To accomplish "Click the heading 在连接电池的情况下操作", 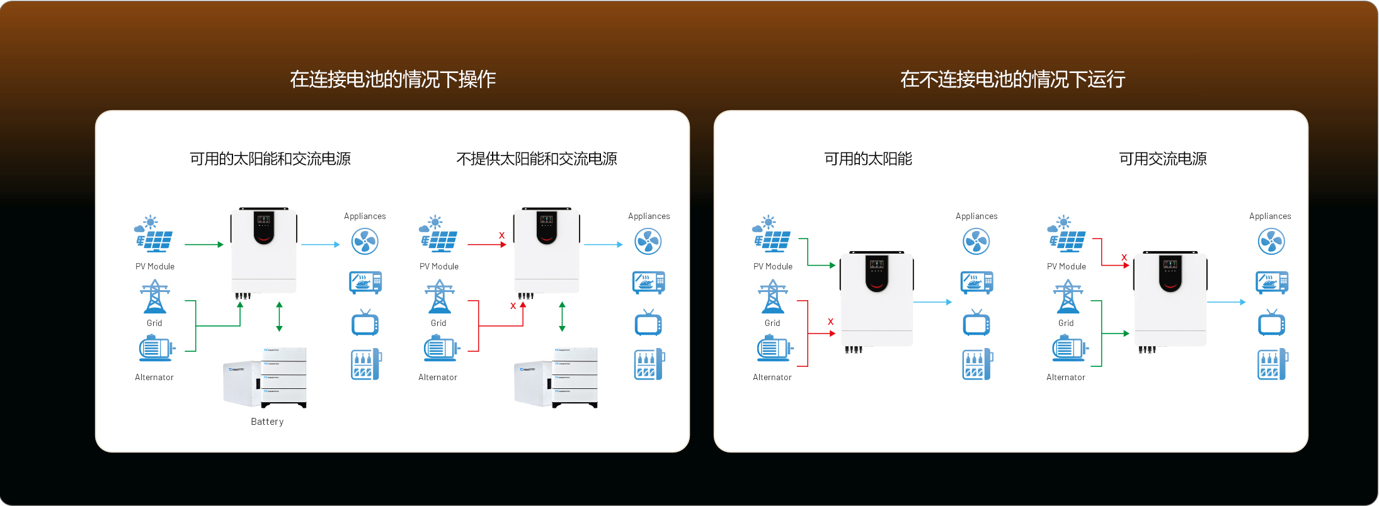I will coord(392,79).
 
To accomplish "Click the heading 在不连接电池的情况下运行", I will coord(1012,79).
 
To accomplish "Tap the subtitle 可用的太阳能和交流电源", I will coord(270,159).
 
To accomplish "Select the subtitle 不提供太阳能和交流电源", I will coord(537,159).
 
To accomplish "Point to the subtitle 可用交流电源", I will coord(1162,159).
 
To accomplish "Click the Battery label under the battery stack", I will coord(267,422).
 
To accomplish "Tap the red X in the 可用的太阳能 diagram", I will coord(830,322).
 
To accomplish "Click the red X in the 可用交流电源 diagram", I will coord(1124,257).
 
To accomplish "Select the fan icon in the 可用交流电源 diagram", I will coord(1271,242).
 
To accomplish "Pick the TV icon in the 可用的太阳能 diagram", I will coord(976,323).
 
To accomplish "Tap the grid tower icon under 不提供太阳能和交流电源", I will coord(439,297).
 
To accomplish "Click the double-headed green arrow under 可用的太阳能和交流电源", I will coord(279,317).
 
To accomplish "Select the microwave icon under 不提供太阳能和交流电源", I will coord(648,283).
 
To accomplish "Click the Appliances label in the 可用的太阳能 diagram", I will coord(976,216).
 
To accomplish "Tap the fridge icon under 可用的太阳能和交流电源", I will coord(366,364).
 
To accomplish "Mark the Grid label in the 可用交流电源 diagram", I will coord(1065,323).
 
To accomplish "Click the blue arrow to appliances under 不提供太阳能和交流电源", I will coord(603,244).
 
